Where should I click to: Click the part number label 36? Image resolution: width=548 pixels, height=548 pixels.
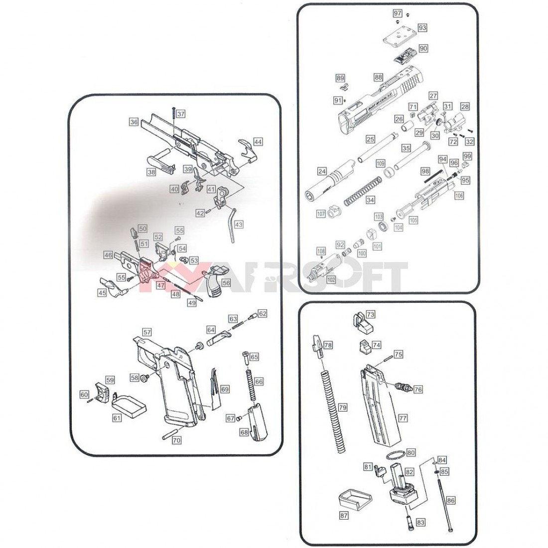[134, 122]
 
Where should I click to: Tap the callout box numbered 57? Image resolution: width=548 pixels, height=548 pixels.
[146, 332]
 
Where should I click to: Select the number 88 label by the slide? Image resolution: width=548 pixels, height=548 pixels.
[379, 77]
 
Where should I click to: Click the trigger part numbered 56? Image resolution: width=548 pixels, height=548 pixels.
[213, 281]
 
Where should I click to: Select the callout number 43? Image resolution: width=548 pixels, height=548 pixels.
[239, 225]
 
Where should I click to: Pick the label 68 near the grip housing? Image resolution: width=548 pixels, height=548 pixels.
[244, 432]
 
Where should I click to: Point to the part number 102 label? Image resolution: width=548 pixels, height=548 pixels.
[331, 279]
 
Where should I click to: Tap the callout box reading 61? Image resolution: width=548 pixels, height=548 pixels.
[117, 418]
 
